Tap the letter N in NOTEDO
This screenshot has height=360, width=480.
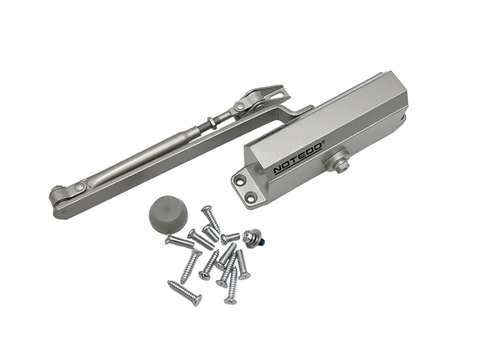(278, 170)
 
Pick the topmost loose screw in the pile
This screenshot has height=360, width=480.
(208, 216)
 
